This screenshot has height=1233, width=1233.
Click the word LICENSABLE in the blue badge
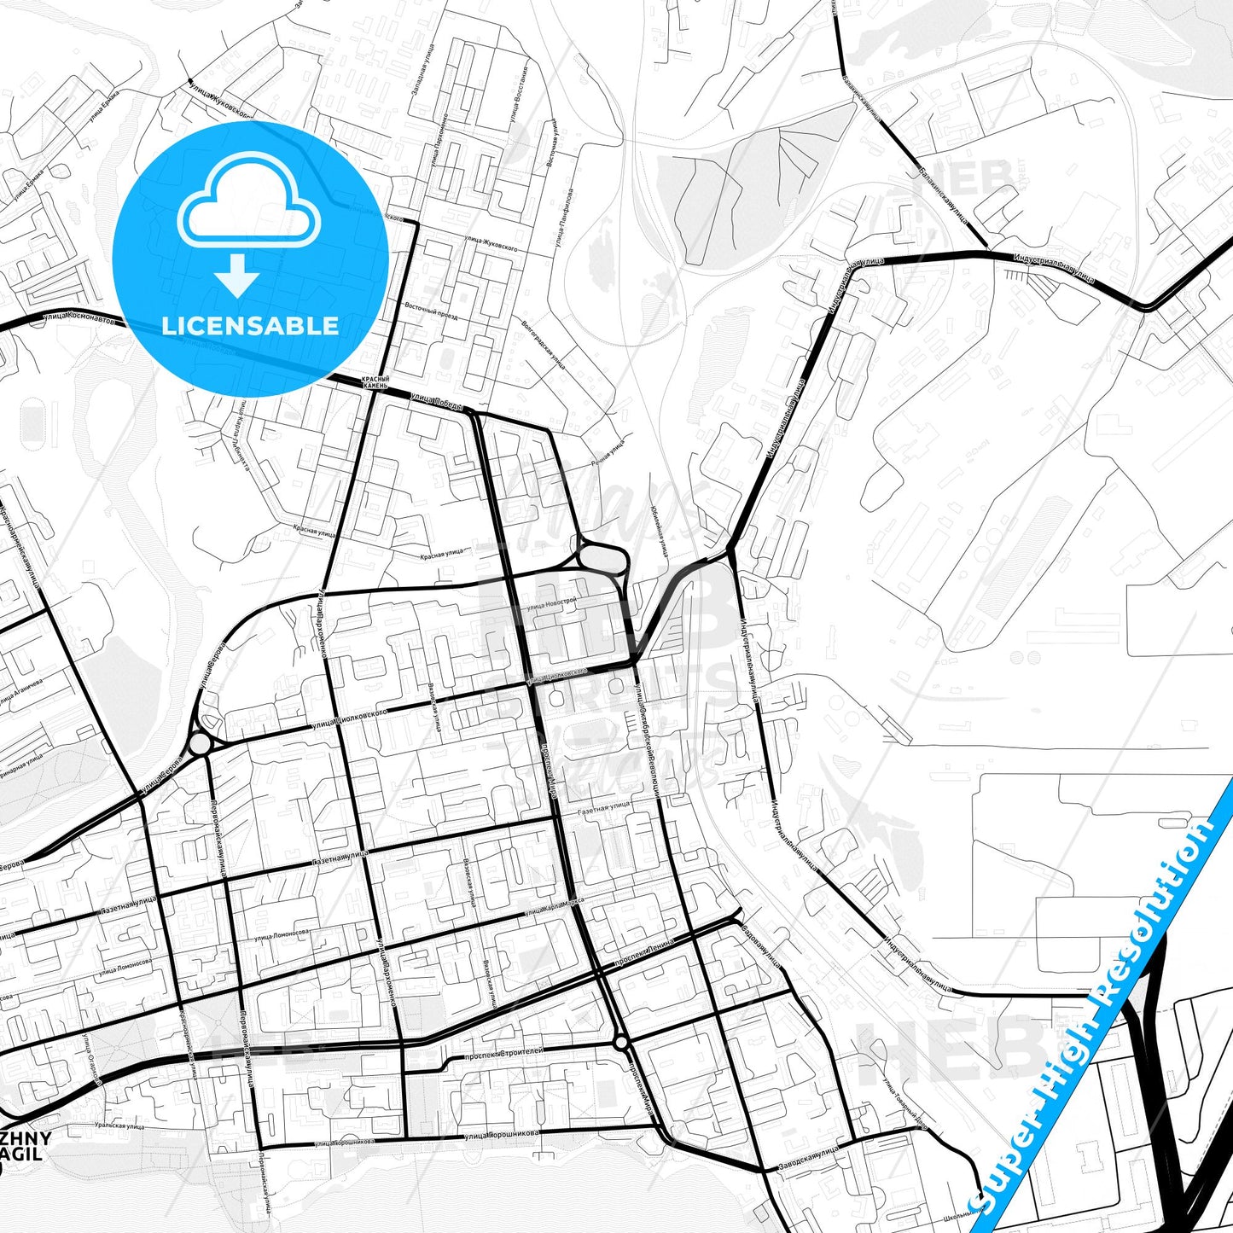pos(250,326)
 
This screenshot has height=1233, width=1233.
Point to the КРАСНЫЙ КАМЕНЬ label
pos(375,382)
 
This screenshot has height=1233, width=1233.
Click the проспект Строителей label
pos(503,1055)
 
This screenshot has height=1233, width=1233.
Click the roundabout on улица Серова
pos(201,744)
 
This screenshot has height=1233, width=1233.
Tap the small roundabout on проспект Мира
pos(621,1043)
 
